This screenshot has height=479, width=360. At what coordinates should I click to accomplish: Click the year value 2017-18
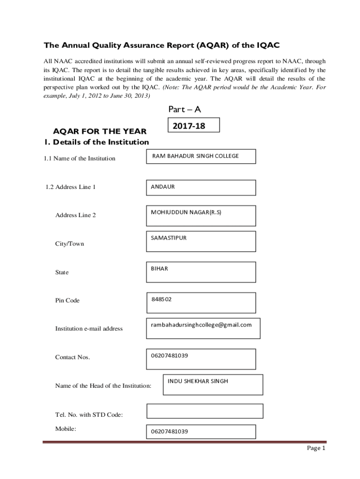coord(189,126)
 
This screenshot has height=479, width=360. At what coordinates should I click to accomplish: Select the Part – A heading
coord(184,109)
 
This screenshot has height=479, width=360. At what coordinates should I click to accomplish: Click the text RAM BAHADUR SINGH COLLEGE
coord(195,156)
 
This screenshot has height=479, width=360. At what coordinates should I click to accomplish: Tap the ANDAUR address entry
coord(163,187)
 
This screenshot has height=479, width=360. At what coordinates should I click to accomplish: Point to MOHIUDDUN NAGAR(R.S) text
coord(186,212)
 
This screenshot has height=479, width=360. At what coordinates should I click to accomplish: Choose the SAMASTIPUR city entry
coord(169,238)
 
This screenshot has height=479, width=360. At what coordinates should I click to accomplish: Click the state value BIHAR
coord(159,269)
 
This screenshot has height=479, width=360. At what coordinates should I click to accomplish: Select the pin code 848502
coord(161,299)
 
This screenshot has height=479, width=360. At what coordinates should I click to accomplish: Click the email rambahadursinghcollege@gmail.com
coord(201,325)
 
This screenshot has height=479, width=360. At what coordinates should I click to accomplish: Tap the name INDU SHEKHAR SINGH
coord(198,381)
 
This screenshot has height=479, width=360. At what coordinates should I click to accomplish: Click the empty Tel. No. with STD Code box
coord(205,411)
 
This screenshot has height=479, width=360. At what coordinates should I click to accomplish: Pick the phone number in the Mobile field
coord(169,431)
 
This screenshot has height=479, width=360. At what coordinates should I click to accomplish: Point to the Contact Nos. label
coord(72,357)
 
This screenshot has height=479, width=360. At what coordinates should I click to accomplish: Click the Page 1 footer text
coord(316,448)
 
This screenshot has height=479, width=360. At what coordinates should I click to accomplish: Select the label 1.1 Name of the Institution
coord(79,159)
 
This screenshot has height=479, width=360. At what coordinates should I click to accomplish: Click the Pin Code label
coord(67,300)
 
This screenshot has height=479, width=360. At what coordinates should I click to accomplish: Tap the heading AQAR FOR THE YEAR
coord(100,131)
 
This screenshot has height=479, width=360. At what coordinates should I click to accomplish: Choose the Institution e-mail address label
coord(89,329)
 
